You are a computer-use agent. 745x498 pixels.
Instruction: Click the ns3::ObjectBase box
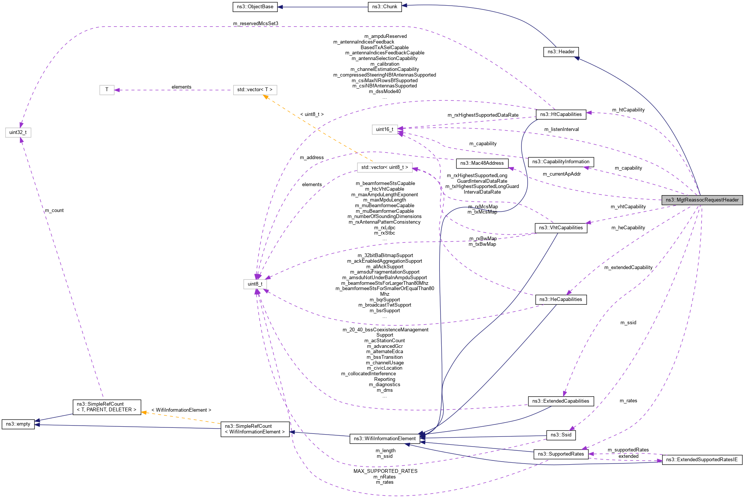(255, 7)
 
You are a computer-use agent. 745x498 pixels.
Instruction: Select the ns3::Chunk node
(385, 7)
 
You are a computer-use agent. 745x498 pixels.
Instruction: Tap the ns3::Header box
(561, 52)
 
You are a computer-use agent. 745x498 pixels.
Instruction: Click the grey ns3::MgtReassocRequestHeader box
(702, 200)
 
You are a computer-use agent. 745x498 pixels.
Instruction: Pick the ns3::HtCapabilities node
(561, 114)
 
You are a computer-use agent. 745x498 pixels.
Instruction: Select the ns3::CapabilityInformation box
(561, 162)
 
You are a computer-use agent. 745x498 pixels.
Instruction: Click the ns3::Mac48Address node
(482, 163)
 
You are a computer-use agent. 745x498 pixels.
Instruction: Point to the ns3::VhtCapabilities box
(561, 228)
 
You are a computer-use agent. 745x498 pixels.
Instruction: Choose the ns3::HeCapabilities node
(561, 299)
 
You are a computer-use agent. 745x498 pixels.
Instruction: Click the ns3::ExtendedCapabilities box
(561, 401)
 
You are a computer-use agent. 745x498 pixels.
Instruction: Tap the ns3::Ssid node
(561, 435)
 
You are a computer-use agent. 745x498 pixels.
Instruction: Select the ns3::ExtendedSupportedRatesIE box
(702, 460)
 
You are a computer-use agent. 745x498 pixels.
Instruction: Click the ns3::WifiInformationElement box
(385, 439)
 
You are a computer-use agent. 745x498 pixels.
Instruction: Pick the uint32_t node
(18, 132)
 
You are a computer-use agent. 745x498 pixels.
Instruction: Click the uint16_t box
(385, 129)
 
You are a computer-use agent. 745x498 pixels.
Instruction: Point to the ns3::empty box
(18, 424)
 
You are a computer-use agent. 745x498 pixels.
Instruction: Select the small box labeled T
(107, 90)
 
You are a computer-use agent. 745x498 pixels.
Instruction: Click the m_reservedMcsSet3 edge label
(256, 24)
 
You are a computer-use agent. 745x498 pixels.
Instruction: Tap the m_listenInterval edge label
(561, 129)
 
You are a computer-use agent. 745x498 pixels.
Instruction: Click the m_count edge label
(54, 211)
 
